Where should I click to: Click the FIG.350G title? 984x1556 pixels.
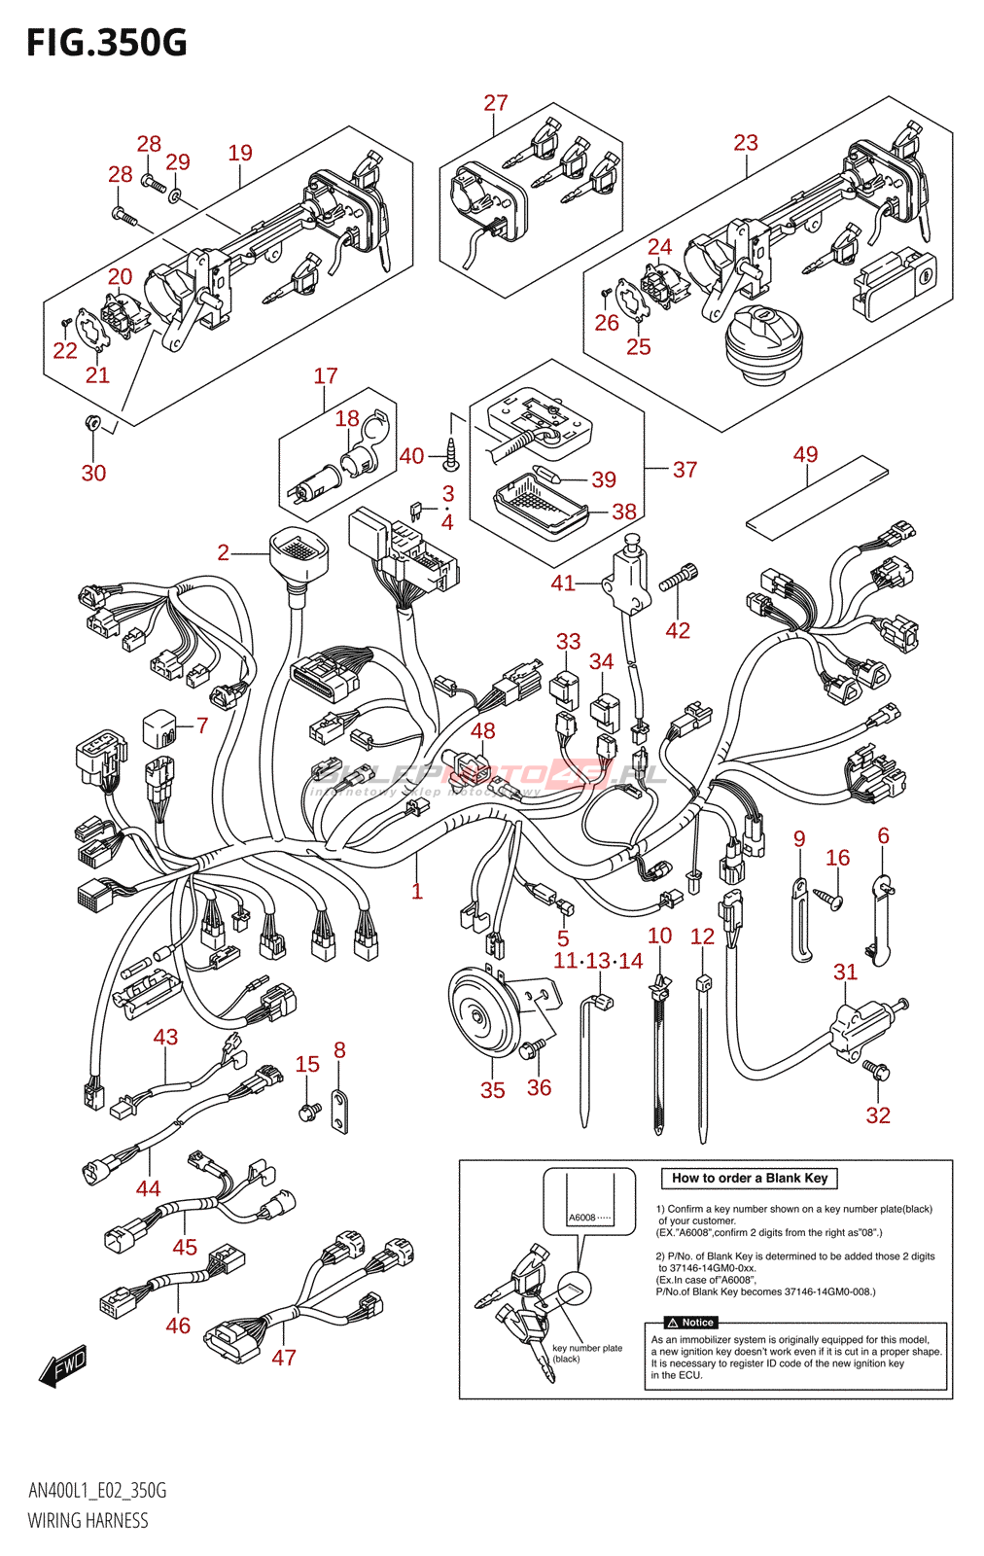coord(107,43)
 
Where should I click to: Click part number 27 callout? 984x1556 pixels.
coord(496,103)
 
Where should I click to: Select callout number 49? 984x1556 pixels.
coord(805,454)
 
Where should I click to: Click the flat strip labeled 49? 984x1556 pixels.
coord(817,497)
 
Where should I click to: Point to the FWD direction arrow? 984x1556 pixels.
coord(63,1365)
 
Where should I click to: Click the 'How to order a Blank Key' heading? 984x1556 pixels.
coord(749,1178)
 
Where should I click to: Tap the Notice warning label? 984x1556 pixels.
coord(691,1323)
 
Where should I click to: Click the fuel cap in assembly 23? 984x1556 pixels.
coord(764,339)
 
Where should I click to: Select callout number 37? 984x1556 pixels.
coord(685,470)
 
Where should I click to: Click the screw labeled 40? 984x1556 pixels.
coord(451,447)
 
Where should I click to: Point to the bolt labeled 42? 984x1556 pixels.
coord(679,578)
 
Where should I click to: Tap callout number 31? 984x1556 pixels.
coord(845,972)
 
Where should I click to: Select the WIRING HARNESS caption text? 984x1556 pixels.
coord(88,1521)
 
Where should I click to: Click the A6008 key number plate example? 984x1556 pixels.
coord(588,1218)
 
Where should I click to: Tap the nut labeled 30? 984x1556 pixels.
coord(93,422)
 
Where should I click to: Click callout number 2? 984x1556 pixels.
coord(224,552)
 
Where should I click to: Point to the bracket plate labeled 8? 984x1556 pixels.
coord(339,1111)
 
